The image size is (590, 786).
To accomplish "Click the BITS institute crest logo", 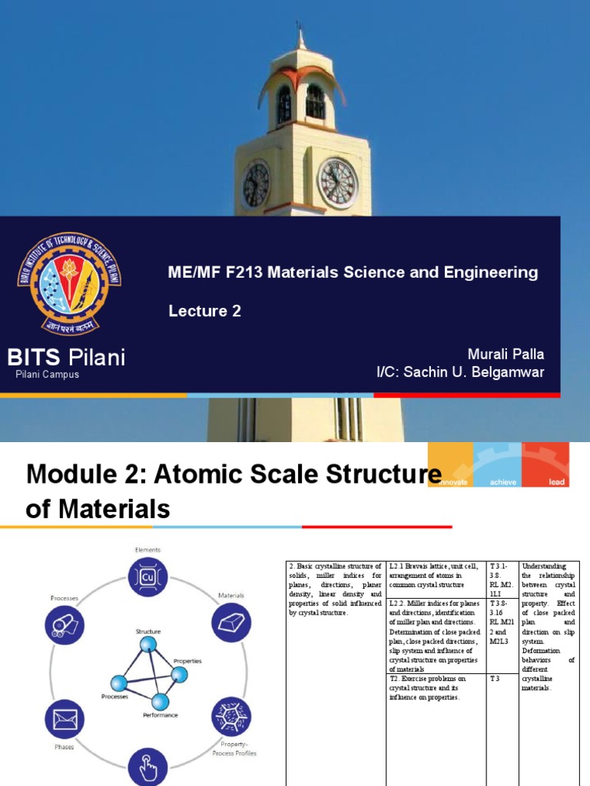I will coord(69,283).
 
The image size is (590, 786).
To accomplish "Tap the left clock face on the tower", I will coord(256,185).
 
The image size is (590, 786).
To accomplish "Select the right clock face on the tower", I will coord(337,183).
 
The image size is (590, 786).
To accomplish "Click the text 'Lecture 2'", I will coord(205,311).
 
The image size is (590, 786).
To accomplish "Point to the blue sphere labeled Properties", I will coord(179,675).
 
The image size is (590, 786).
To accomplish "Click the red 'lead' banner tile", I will coord(545,465).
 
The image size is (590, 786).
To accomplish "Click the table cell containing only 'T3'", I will coord(503,679).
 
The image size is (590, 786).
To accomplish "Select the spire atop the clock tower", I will coord(300,35).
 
